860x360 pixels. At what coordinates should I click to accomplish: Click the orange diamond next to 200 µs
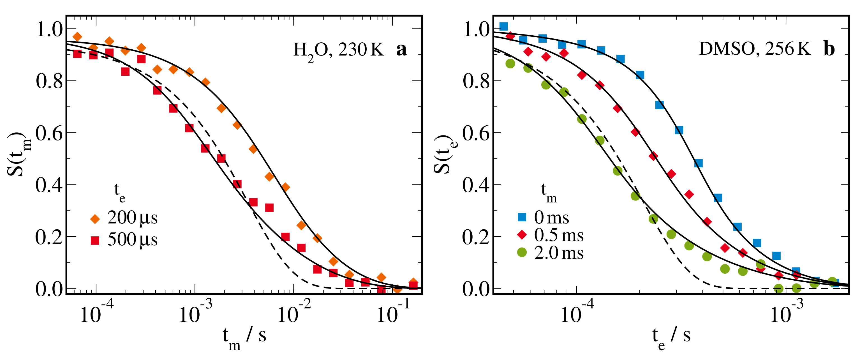click(95, 219)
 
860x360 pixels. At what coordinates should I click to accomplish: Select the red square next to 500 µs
click(95, 241)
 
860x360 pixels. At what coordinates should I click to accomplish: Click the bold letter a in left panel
click(401, 49)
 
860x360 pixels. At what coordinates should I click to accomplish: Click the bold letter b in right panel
click(829, 49)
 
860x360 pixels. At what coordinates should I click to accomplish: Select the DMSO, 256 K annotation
click(755, 49)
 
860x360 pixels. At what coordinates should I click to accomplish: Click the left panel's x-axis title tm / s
click(244, 337)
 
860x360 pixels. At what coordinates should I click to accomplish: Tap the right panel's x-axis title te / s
click(671, 337)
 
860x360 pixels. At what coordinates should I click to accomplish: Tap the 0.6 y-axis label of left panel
click(49, 133)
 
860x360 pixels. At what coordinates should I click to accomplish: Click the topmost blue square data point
click(503, 26)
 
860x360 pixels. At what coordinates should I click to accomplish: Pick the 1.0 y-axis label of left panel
click(49, 29)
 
